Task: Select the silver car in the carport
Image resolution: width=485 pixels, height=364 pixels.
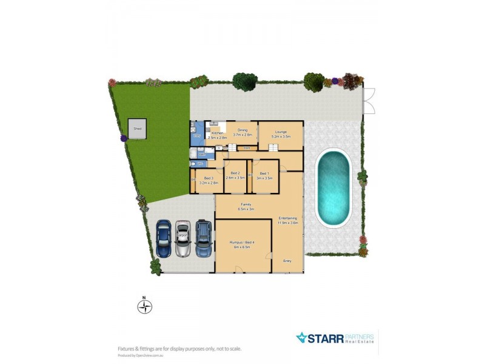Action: (182, 238)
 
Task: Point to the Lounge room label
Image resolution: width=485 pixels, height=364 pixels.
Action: (280, 131)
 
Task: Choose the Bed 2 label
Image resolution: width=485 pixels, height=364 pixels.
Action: (235, 173)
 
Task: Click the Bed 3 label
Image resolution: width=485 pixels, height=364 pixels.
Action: (209, 178)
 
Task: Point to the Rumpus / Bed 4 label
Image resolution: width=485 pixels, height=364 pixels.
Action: (241, 242)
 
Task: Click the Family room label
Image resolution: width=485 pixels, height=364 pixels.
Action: (246, 204)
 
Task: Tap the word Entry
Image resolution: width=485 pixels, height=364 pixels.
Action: (287, 261)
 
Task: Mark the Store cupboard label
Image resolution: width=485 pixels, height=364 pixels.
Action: (247, 147)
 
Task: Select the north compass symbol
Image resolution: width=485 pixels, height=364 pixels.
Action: (144, 306)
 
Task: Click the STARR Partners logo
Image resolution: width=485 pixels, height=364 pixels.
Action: (335, 338)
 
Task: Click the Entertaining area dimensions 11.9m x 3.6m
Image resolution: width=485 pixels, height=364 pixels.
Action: (287, 223)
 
